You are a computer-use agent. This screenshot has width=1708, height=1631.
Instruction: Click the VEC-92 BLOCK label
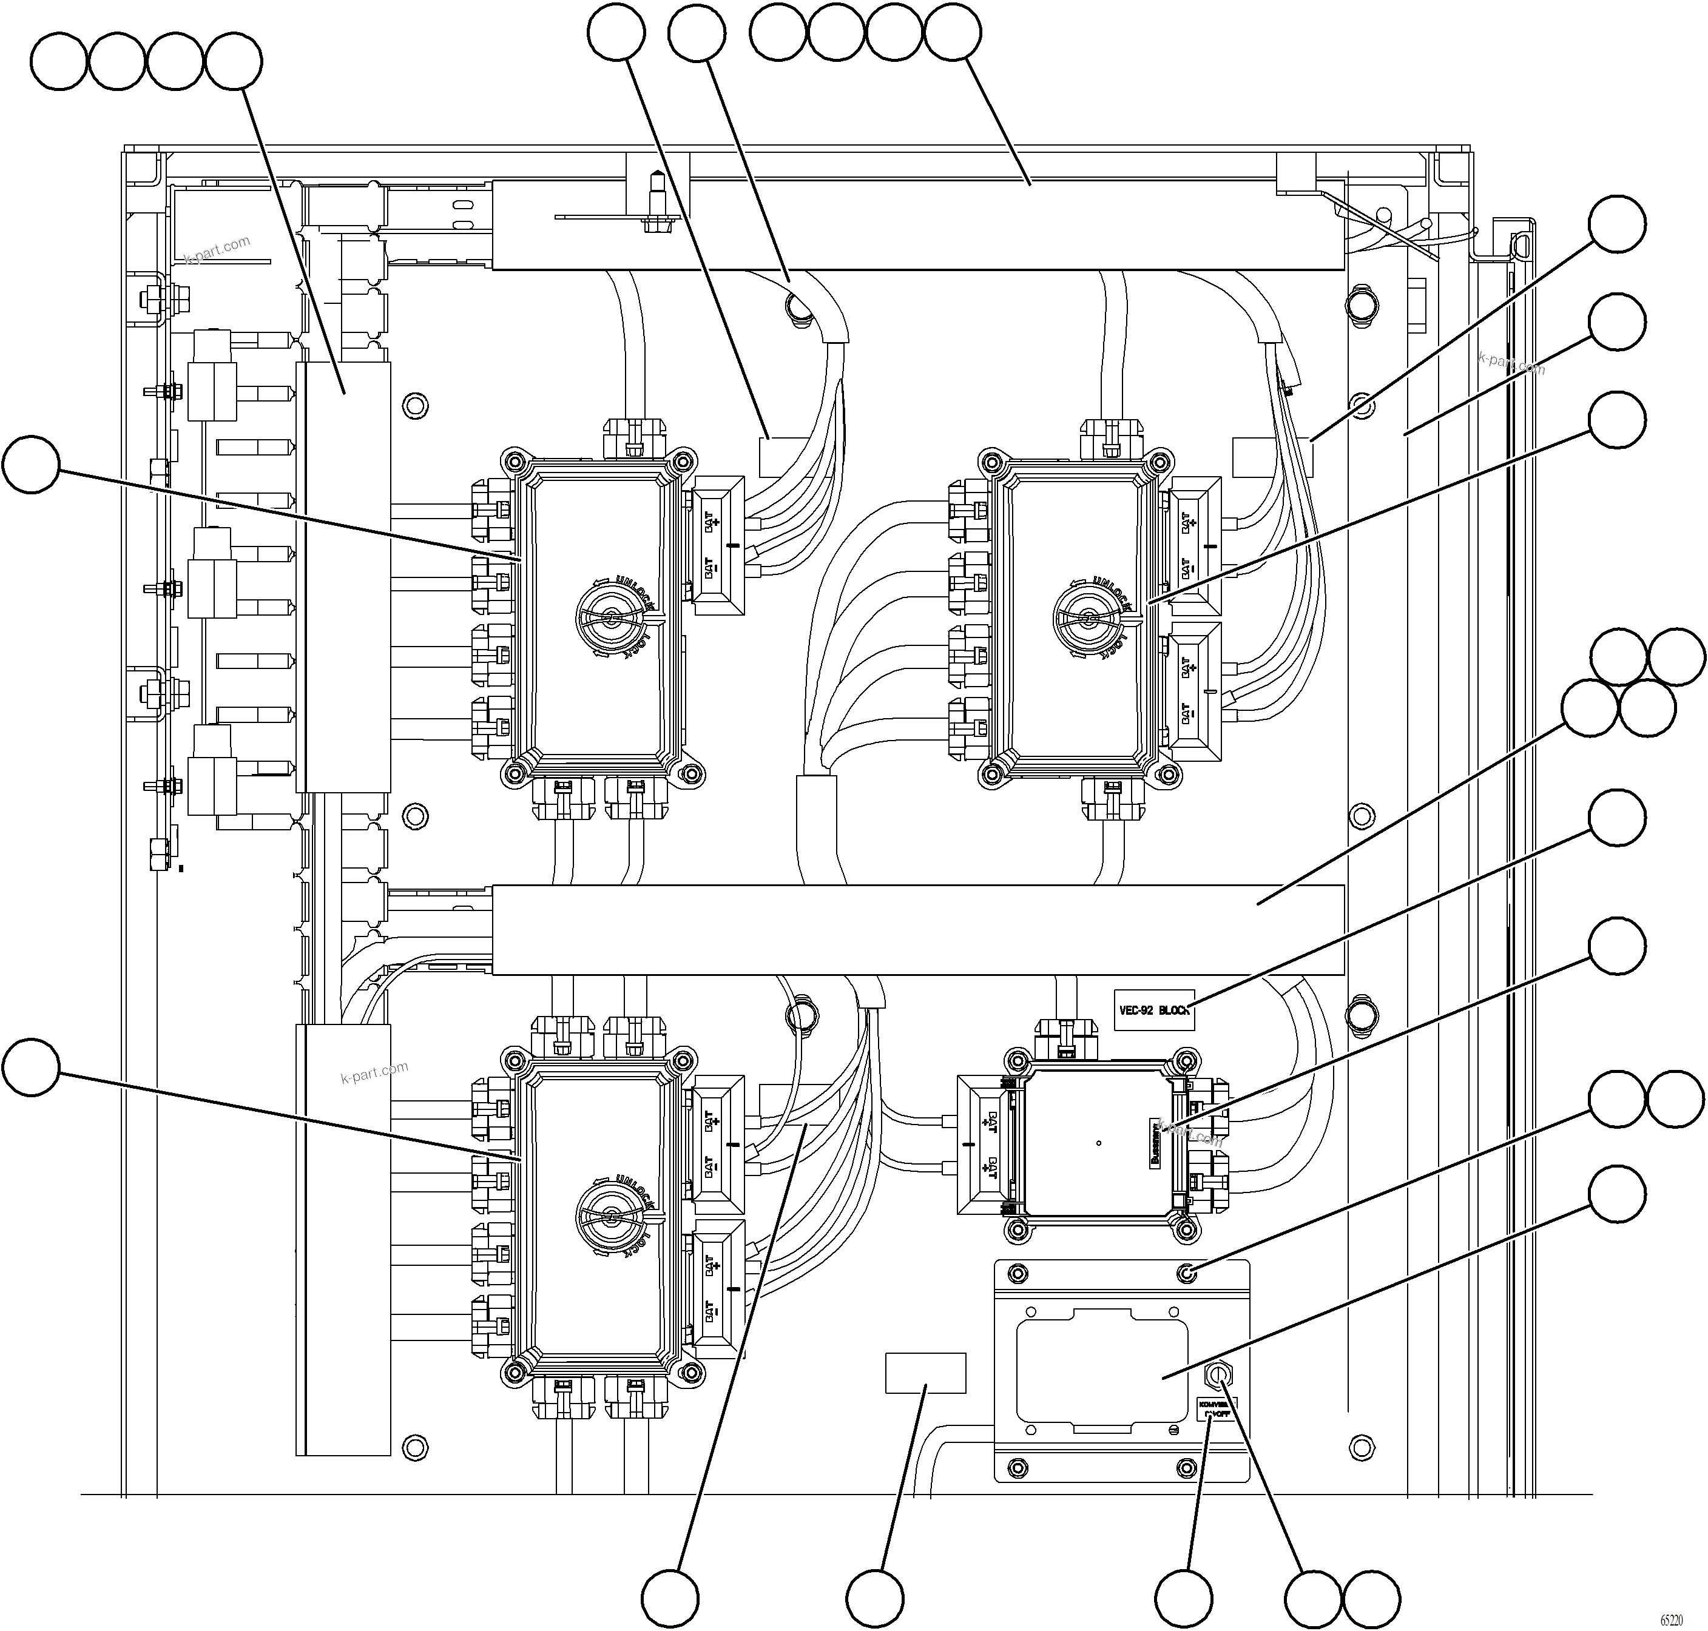coord(1154,1011)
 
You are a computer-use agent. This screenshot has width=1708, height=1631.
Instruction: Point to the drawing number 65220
coord(1670,1621)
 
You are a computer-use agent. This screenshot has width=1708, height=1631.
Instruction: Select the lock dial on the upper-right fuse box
coord(1090,618)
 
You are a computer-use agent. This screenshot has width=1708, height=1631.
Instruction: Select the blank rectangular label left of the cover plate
coord(925,1373)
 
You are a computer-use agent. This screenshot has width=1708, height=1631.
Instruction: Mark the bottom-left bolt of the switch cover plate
coord(1015,1468)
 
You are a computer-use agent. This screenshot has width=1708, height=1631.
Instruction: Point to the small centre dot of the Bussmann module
coord(1099,1142)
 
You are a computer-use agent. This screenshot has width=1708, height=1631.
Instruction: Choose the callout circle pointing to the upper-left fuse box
coord(32,466)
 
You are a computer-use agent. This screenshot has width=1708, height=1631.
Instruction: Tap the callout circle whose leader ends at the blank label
coord(875,1598)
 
